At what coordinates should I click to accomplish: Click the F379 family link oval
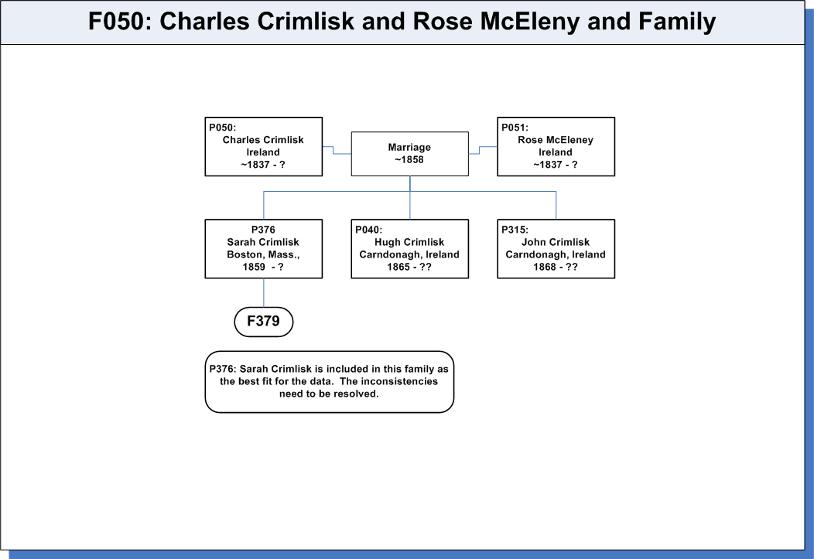[264, 322]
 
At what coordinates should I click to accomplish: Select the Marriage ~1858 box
[409, 154]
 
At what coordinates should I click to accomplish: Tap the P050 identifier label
[223, 128]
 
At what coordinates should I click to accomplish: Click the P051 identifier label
[515, 128]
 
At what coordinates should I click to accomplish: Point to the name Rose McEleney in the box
[556, 140]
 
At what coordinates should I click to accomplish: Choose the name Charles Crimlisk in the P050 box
[263, 140]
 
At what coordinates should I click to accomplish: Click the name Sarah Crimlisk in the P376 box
[263, 242]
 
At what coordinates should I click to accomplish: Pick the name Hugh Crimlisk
[409, 242]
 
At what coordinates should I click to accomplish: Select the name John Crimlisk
[556, 242]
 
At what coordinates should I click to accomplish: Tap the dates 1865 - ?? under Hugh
[409, 267]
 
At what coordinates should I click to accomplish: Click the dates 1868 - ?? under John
[556, 267]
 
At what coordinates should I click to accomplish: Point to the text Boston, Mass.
[263, 254]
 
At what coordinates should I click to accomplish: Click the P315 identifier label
[515, 230]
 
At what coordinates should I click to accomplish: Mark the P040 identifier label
[368, 230]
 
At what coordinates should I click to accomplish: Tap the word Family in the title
[677, 22]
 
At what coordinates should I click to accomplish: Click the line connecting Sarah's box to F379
[264, 293]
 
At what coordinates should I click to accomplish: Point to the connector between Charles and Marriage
[337, 150]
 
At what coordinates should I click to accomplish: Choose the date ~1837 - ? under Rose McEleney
[556, 165]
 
